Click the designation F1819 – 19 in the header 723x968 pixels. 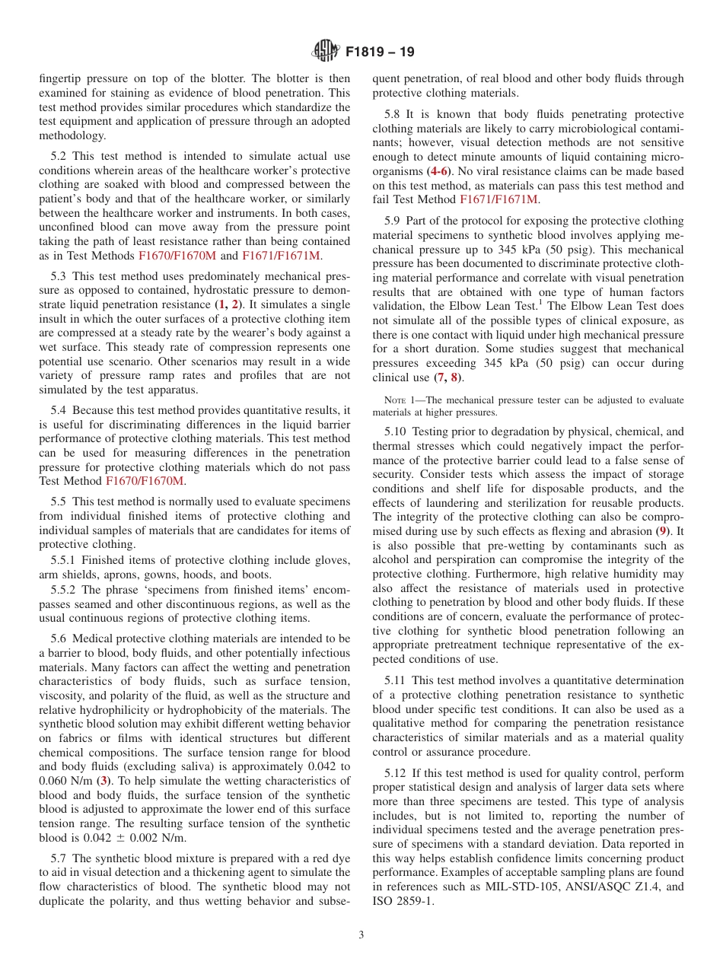pyautogui.click(x=380, y=53)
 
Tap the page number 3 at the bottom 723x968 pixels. pyautogui.click(x=361, y=935)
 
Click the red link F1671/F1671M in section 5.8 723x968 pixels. pyautogui.click(x=499, y=199)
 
